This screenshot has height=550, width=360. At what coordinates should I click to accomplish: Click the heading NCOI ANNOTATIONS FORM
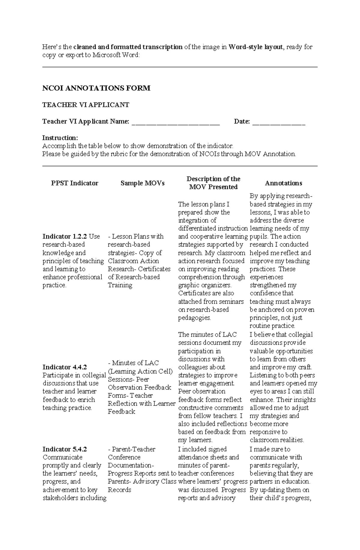[96, 88]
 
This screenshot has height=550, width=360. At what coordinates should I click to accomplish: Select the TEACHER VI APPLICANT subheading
[86, 105]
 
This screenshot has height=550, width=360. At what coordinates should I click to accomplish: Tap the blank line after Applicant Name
[176, 122]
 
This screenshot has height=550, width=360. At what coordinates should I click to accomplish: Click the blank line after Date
[279, 122]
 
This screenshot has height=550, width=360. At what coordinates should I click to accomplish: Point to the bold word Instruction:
[60, 138]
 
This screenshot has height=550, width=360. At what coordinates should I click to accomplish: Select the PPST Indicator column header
[75, 183]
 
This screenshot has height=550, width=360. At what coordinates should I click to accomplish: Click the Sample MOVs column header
[142, 183]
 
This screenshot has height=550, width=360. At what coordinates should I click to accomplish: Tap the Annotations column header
[283, 183]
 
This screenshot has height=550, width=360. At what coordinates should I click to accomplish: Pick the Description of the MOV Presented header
[213, 183]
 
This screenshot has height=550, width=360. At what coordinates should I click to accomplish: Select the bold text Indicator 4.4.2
[64, 367]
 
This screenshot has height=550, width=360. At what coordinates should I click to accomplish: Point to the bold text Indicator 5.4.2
[64, 449]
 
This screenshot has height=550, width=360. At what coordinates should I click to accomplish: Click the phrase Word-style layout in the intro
[255, 47]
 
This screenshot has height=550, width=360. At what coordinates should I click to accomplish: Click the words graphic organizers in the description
[204, 285]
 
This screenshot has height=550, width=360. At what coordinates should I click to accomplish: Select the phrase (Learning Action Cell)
[140, 371]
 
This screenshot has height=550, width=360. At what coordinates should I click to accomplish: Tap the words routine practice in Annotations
[272, 326]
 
